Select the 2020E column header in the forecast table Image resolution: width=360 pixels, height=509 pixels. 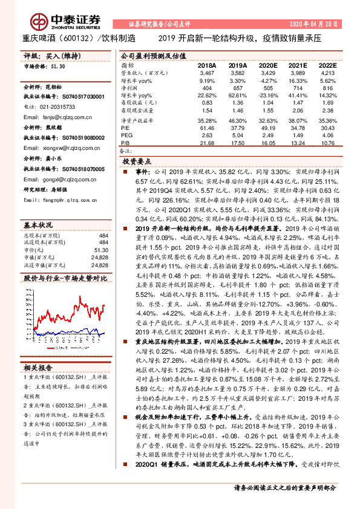(267, 65)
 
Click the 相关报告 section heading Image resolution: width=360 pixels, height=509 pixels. (39, 367)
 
